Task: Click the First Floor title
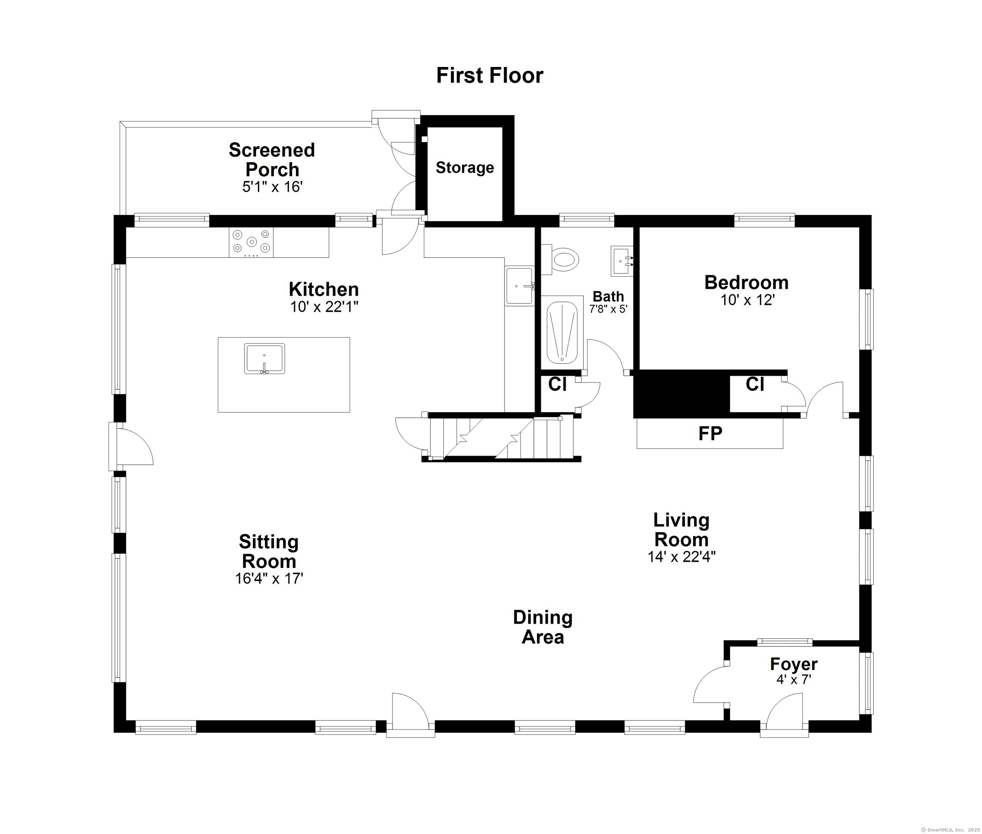489,76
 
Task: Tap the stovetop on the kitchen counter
251,243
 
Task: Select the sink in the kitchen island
265,358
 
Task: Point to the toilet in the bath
560,260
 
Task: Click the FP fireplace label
710,434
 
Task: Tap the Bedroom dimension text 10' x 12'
747,300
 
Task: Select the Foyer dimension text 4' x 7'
794,679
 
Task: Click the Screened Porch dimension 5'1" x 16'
272,187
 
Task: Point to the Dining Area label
543,627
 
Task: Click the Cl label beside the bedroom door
755,384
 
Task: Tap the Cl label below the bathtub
557,384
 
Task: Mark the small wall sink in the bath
622,261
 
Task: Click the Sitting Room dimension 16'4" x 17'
269,579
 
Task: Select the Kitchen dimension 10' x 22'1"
324,307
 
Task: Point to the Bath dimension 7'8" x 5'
608,309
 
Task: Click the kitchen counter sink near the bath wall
520,286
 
